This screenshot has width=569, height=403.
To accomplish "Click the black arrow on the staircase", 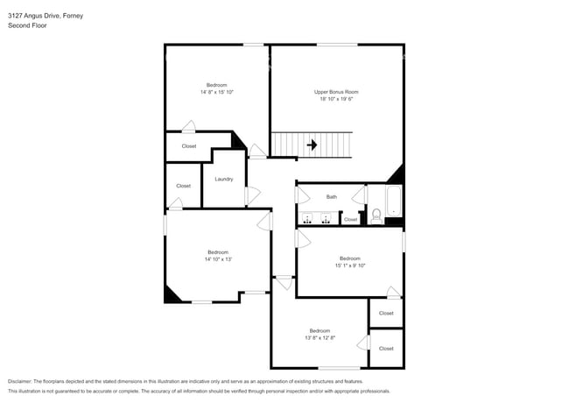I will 310,145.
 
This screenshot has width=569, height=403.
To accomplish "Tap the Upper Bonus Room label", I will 336,92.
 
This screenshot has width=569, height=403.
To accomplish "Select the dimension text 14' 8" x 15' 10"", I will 216,92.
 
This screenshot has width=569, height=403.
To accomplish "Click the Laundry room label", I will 223,179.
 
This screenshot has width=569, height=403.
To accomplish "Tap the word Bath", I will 332,197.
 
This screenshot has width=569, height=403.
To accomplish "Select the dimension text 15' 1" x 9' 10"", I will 349,265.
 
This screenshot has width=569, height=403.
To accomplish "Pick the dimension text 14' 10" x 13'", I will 217,259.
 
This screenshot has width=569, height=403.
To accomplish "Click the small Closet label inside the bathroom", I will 350,219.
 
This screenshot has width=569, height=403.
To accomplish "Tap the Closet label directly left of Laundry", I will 183,186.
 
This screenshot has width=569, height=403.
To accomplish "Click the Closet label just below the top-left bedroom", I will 188,146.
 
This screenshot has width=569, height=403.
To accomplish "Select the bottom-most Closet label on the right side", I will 386,349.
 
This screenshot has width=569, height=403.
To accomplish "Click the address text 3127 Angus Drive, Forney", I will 46,15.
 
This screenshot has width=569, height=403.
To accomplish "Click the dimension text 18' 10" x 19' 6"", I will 336,99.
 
